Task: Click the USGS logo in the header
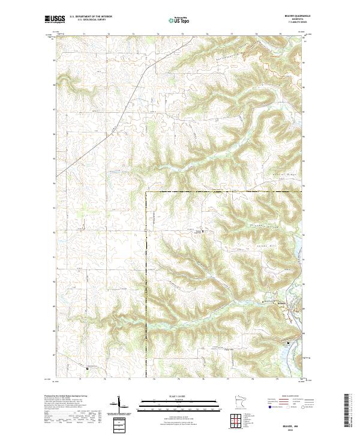(x=53, y=19)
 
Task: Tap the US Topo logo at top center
(x=178, y=20)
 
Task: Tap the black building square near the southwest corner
(x=88, y=368)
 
